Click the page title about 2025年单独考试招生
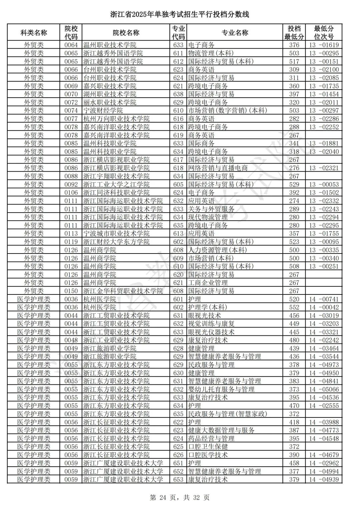[x=180, y=15]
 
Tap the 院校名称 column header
[x=126, y=33]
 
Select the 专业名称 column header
[x=235, y=33]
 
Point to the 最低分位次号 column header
[x=324, y=33]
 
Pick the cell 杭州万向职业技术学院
[x=116, y=119]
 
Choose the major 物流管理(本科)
[x=211, y=53]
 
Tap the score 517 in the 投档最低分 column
[x=294, y=62]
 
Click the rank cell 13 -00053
[x=324, y=185]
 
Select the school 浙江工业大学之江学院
[x=116, y=185]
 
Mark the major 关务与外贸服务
[x=211, y=209]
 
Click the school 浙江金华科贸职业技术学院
[x=123, y=291]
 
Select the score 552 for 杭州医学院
[x=294, y=307]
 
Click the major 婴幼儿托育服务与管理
[x=221, y=389]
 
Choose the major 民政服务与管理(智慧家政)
[x=228, y=414]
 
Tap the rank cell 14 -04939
[x=324, y=480]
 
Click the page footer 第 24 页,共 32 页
[x=180, y=498]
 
